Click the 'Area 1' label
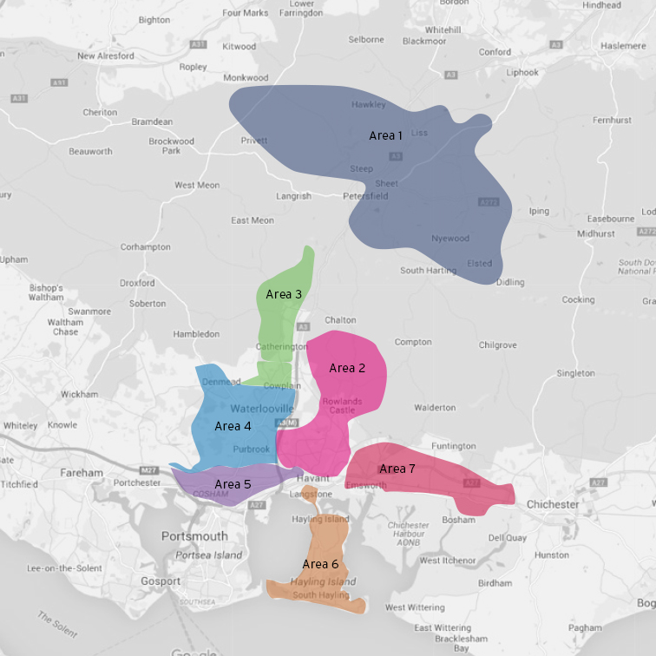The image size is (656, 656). [x=386, y=135]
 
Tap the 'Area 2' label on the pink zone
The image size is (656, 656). [x=346, y=368]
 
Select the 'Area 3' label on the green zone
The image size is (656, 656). [x=284, y=294]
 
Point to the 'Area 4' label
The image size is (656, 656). [x=233, y=426]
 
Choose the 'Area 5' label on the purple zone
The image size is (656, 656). [x=233, y=484]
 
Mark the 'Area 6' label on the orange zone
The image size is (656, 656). [x=320, y=564]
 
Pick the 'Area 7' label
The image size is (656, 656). [x=397, y=469]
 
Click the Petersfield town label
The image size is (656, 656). [x=365, y=196]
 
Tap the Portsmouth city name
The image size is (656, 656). [x=194, y=536]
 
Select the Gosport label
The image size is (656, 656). [x=161, y=581]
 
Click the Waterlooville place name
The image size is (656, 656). [x=263, y=408]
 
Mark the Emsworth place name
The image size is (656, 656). [x=365, y=486]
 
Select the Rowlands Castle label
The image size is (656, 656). [x=341, y=405]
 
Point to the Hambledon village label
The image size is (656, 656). [x=196, y=333]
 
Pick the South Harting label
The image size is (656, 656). [x=424, y=270]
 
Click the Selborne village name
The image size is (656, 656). [x=365, y=39]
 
